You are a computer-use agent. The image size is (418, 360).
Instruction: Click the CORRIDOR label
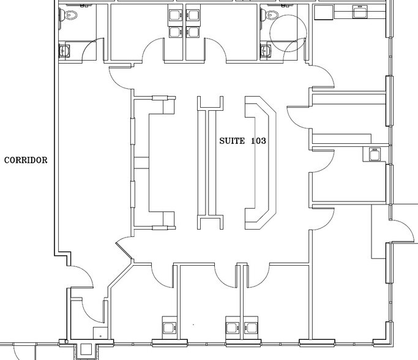(x=26, y=160)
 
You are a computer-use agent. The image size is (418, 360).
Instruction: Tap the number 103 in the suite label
(x=258, y=141)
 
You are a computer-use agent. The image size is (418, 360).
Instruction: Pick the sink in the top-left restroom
(x=65, y=50)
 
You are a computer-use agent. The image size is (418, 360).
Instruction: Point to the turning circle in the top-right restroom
(x=288, y=32)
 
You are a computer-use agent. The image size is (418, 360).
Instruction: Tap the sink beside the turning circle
(x=266, y=50)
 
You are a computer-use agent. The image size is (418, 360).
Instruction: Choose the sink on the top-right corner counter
(x=359, y=11)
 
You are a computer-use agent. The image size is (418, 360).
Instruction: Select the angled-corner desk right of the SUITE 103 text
(x=261, y=162)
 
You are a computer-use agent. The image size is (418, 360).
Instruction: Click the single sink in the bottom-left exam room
(x=168, y=324)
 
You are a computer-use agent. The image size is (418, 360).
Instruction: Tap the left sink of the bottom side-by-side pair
(x=233, y=324)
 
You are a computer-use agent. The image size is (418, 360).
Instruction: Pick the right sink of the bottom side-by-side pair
(x=249, y=324)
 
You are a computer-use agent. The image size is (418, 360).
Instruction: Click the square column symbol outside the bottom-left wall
(x=86, y=351)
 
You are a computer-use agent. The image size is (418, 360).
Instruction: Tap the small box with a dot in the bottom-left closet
(x=100, y=334)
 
